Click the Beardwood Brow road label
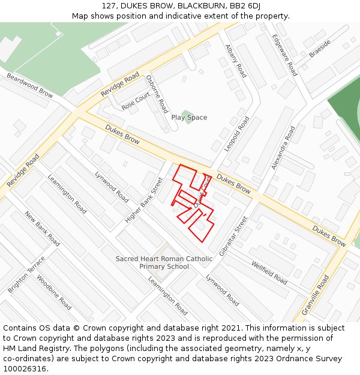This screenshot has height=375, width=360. [x=30, y=85]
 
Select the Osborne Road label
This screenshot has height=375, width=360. [x=157, y=94]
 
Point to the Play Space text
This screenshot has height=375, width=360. [x=189, y=118]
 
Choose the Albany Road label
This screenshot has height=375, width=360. [x=236, y=61]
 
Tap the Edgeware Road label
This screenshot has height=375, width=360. [x=284, y=55]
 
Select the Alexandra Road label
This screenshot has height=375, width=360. [x=283, y=148]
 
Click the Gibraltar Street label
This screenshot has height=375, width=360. [x=233, y=236]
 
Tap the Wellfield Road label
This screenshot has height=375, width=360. [x=269, y=272]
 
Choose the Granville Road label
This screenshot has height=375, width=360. [x=317, y=295]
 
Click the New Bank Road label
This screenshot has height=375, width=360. [x=42, y=228]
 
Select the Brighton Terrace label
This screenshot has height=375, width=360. [x=26, y=275]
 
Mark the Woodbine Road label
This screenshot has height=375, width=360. [x=54, y=292]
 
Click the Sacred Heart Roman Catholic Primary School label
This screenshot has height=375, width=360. [x=164, y=263]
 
